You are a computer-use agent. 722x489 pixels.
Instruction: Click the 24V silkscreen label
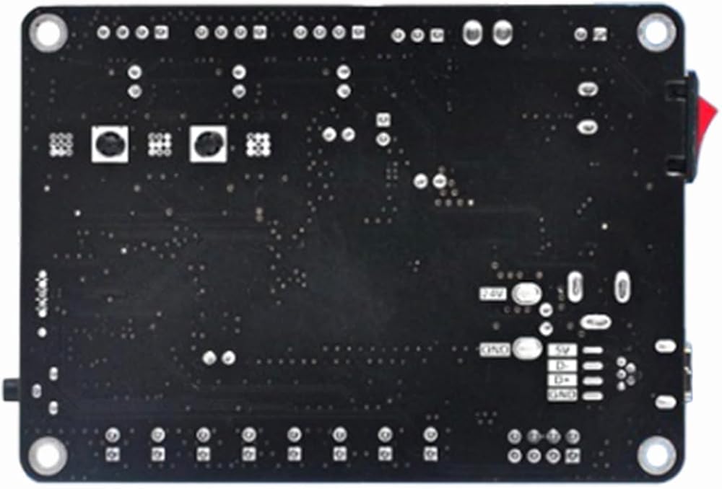tap(491, 294)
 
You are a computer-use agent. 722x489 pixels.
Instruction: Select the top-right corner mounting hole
tap(656, 30)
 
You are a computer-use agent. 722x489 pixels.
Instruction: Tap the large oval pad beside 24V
tap(526, 294)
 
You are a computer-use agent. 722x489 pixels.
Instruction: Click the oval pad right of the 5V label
tap(592, 351)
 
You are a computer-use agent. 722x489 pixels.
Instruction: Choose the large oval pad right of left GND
tap(528, 349)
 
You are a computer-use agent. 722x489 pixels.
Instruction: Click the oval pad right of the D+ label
tap(592, 380)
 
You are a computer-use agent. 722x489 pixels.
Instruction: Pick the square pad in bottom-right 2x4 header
tap(573, 455)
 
